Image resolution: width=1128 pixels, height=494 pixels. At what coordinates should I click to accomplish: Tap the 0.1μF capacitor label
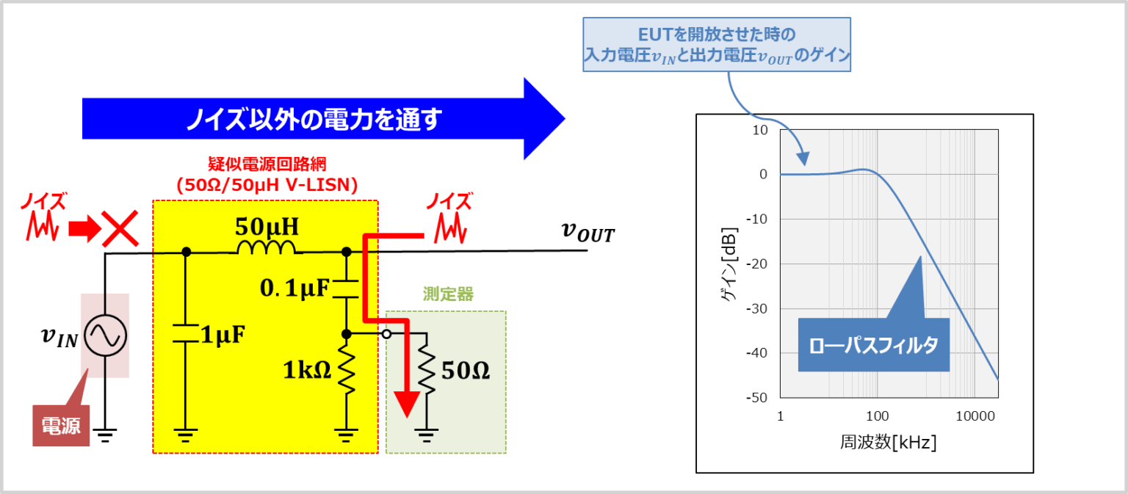coord(295,289)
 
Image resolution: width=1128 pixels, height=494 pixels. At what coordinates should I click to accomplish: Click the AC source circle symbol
coord(105,335)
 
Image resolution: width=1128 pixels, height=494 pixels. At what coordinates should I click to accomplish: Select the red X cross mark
coord(120,230)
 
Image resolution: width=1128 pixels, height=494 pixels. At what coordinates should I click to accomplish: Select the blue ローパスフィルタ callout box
coord(873,344)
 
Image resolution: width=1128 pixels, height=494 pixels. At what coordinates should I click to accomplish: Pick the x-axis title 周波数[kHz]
coord(889,442)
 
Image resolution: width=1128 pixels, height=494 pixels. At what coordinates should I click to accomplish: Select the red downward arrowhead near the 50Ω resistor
coord(406,403)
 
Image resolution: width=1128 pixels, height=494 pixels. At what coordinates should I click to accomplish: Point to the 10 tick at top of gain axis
coord(760,130)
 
